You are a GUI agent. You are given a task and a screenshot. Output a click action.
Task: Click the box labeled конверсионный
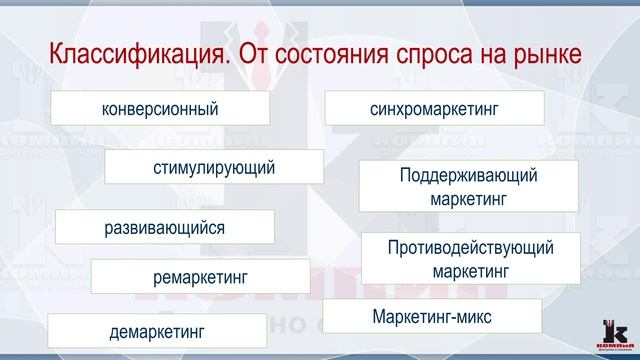click(x=160, y=108)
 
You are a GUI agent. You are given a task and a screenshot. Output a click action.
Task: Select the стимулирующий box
click(x=214, y=167)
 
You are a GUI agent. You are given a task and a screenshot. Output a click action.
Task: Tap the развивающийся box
click(x=165, y=227)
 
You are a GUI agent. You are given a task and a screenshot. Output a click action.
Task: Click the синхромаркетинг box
click(x=434, y=108)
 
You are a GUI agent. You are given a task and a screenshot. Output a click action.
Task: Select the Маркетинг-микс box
click(x=432, y=317)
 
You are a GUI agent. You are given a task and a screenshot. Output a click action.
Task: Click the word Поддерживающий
click(x=468, y=176)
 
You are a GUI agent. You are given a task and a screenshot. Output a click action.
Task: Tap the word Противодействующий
click(x=470, y=247)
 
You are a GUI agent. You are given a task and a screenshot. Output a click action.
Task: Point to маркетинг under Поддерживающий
click(x=468, y=198)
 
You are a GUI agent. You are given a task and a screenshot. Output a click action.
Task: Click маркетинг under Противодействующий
click(x=470, y=270)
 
